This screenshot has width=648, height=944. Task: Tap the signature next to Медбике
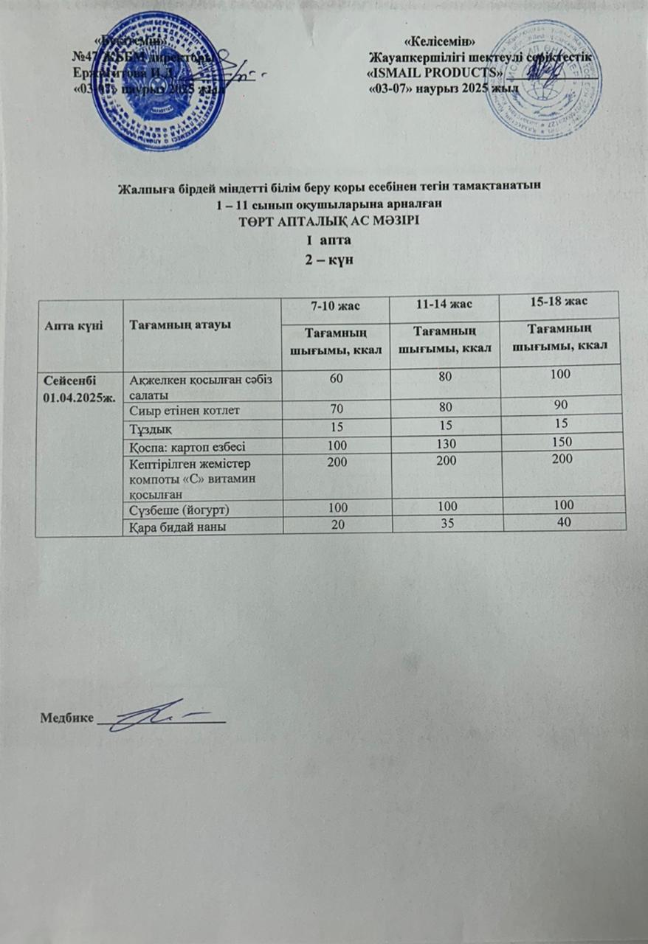162,713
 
